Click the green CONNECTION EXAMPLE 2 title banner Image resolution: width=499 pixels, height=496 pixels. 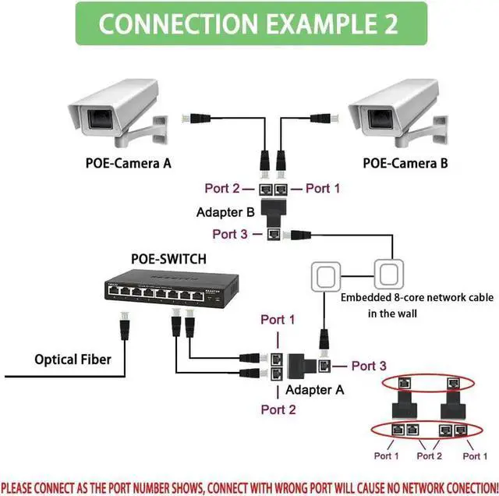pyautogui.click(x=249, y=23)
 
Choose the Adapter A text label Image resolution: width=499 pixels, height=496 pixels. pyautogui.click(x=313, y=389)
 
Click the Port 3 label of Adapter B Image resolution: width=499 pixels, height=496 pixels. pyautogui.click(x=232, y=233)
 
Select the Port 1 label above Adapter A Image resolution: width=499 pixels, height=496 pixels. pyautogui.click(x=278, y=320)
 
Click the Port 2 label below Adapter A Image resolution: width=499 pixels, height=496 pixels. pyautogui.click(x=278, y=409)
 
